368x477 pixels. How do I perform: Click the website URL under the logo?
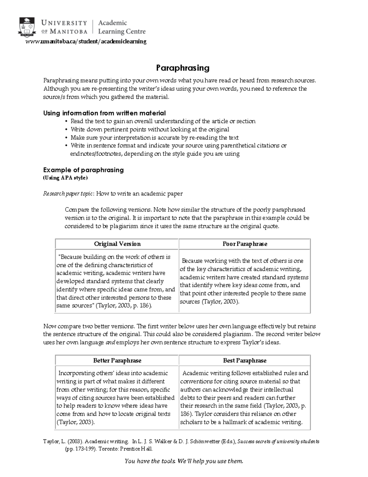click(x=86, y=41)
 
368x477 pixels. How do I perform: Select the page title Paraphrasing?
click(x=183, y=68)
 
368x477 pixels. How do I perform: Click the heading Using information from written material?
click(x=104, y=113)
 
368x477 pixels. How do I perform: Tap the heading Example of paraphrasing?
click(x=83, y=170)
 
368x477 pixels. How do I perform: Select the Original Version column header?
click(x=117, y=244)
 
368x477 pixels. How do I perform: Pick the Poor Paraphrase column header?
click(x=245, y=244)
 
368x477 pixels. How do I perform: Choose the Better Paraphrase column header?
click(x=117, y=361)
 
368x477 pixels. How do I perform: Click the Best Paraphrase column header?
click(x=245, y=361)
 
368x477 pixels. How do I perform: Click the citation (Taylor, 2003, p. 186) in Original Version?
click(x=124, y=306)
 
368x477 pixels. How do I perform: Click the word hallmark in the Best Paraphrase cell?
click(x=234, y=422)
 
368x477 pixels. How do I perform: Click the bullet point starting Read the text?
click(x=163, y=121)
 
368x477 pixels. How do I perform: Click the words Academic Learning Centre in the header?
click(x=121, y=27)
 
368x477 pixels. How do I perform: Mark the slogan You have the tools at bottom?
click(x=184, y=461)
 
